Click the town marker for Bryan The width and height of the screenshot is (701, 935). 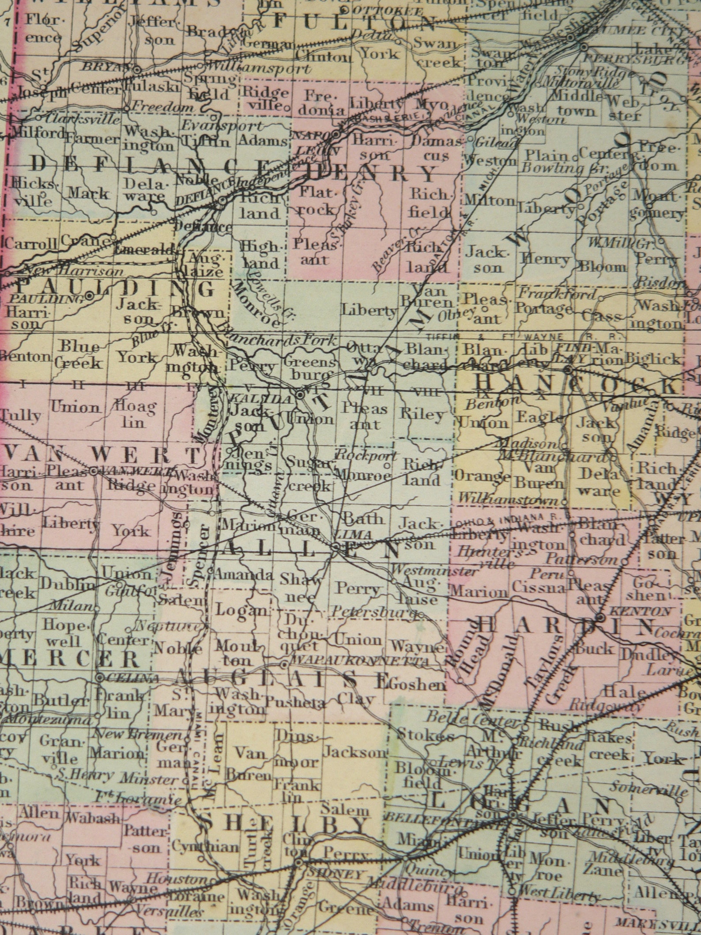tap(138, 69)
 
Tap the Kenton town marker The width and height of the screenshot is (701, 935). tap(601, 617)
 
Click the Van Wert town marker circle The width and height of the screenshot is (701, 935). tap(94, 471)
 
